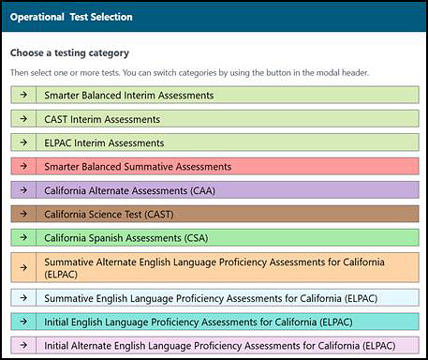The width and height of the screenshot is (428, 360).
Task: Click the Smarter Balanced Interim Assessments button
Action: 215,95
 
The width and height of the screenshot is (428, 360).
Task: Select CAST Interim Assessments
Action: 215,119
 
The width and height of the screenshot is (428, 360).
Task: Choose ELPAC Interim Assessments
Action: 215,142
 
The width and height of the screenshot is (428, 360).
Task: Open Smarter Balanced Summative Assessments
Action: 215,166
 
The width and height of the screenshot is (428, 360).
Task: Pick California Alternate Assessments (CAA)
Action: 215,190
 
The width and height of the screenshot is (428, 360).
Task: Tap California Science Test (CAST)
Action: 215,214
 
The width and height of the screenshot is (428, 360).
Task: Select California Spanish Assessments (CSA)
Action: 215,237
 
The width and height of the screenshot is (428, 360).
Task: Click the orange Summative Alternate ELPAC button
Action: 215,267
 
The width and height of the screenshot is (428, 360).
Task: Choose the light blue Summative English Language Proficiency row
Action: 215,297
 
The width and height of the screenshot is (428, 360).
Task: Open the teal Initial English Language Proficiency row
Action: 215,321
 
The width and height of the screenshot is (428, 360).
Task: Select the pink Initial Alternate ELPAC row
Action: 215,345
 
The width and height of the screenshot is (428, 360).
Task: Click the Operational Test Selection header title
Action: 71,17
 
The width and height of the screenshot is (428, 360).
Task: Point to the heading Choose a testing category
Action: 69,53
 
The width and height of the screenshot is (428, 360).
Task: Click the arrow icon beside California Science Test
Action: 23,214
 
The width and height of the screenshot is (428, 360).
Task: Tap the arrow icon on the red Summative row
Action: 23,166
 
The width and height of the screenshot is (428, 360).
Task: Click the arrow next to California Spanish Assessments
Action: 23,237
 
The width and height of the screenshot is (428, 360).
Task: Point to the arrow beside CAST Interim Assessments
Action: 23,119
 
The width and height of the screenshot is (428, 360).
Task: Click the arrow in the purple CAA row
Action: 23,190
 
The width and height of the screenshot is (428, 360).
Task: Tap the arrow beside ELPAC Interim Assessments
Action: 23,142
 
